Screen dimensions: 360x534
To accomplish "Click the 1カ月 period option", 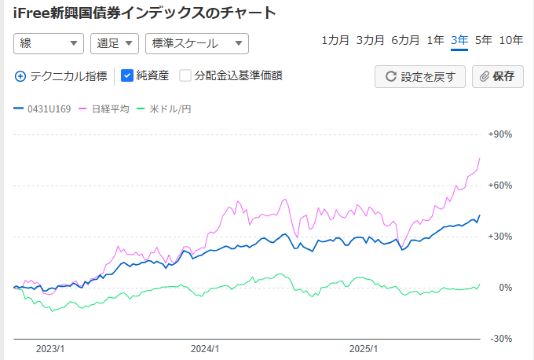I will coord(335,40).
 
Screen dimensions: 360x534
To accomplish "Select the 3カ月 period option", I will coord(370,40).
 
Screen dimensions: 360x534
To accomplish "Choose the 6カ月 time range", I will coord(405,40).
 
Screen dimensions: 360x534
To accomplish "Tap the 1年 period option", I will coord(435,40).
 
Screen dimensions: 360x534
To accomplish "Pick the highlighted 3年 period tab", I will coord(459,40).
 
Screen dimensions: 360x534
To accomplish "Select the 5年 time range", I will coord(484,40).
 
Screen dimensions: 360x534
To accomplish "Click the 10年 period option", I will coord(511,40).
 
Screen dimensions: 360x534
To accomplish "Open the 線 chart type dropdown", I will coord(49,44).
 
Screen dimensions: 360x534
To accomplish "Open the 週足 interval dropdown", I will coord(115,44).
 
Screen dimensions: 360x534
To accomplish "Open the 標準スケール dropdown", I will coord(196,44).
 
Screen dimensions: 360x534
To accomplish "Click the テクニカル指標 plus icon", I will coord(20,76).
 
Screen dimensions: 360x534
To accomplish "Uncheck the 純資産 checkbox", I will coord(127,76).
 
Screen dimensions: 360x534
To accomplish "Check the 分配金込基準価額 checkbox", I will coord(185,76).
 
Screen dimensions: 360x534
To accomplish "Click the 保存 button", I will coord(497,76).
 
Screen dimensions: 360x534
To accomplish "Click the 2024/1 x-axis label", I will coord(205,348).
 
